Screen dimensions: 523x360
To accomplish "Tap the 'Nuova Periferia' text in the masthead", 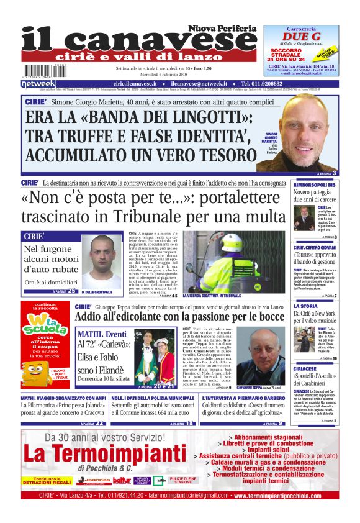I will point(222,29).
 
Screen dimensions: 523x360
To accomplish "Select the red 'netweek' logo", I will point(38,84).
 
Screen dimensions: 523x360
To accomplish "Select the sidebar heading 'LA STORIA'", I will point(305,306).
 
